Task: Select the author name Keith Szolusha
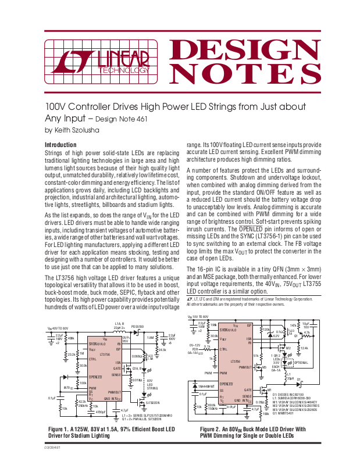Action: point(77,130)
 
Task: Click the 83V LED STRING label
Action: point(152,384)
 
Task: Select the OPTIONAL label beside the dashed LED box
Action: point(302,362)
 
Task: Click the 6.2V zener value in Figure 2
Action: point(276,336)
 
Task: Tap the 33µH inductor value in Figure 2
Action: point(292,378)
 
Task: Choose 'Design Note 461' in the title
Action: point(120,119)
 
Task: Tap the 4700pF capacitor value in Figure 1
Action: point(99,412)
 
